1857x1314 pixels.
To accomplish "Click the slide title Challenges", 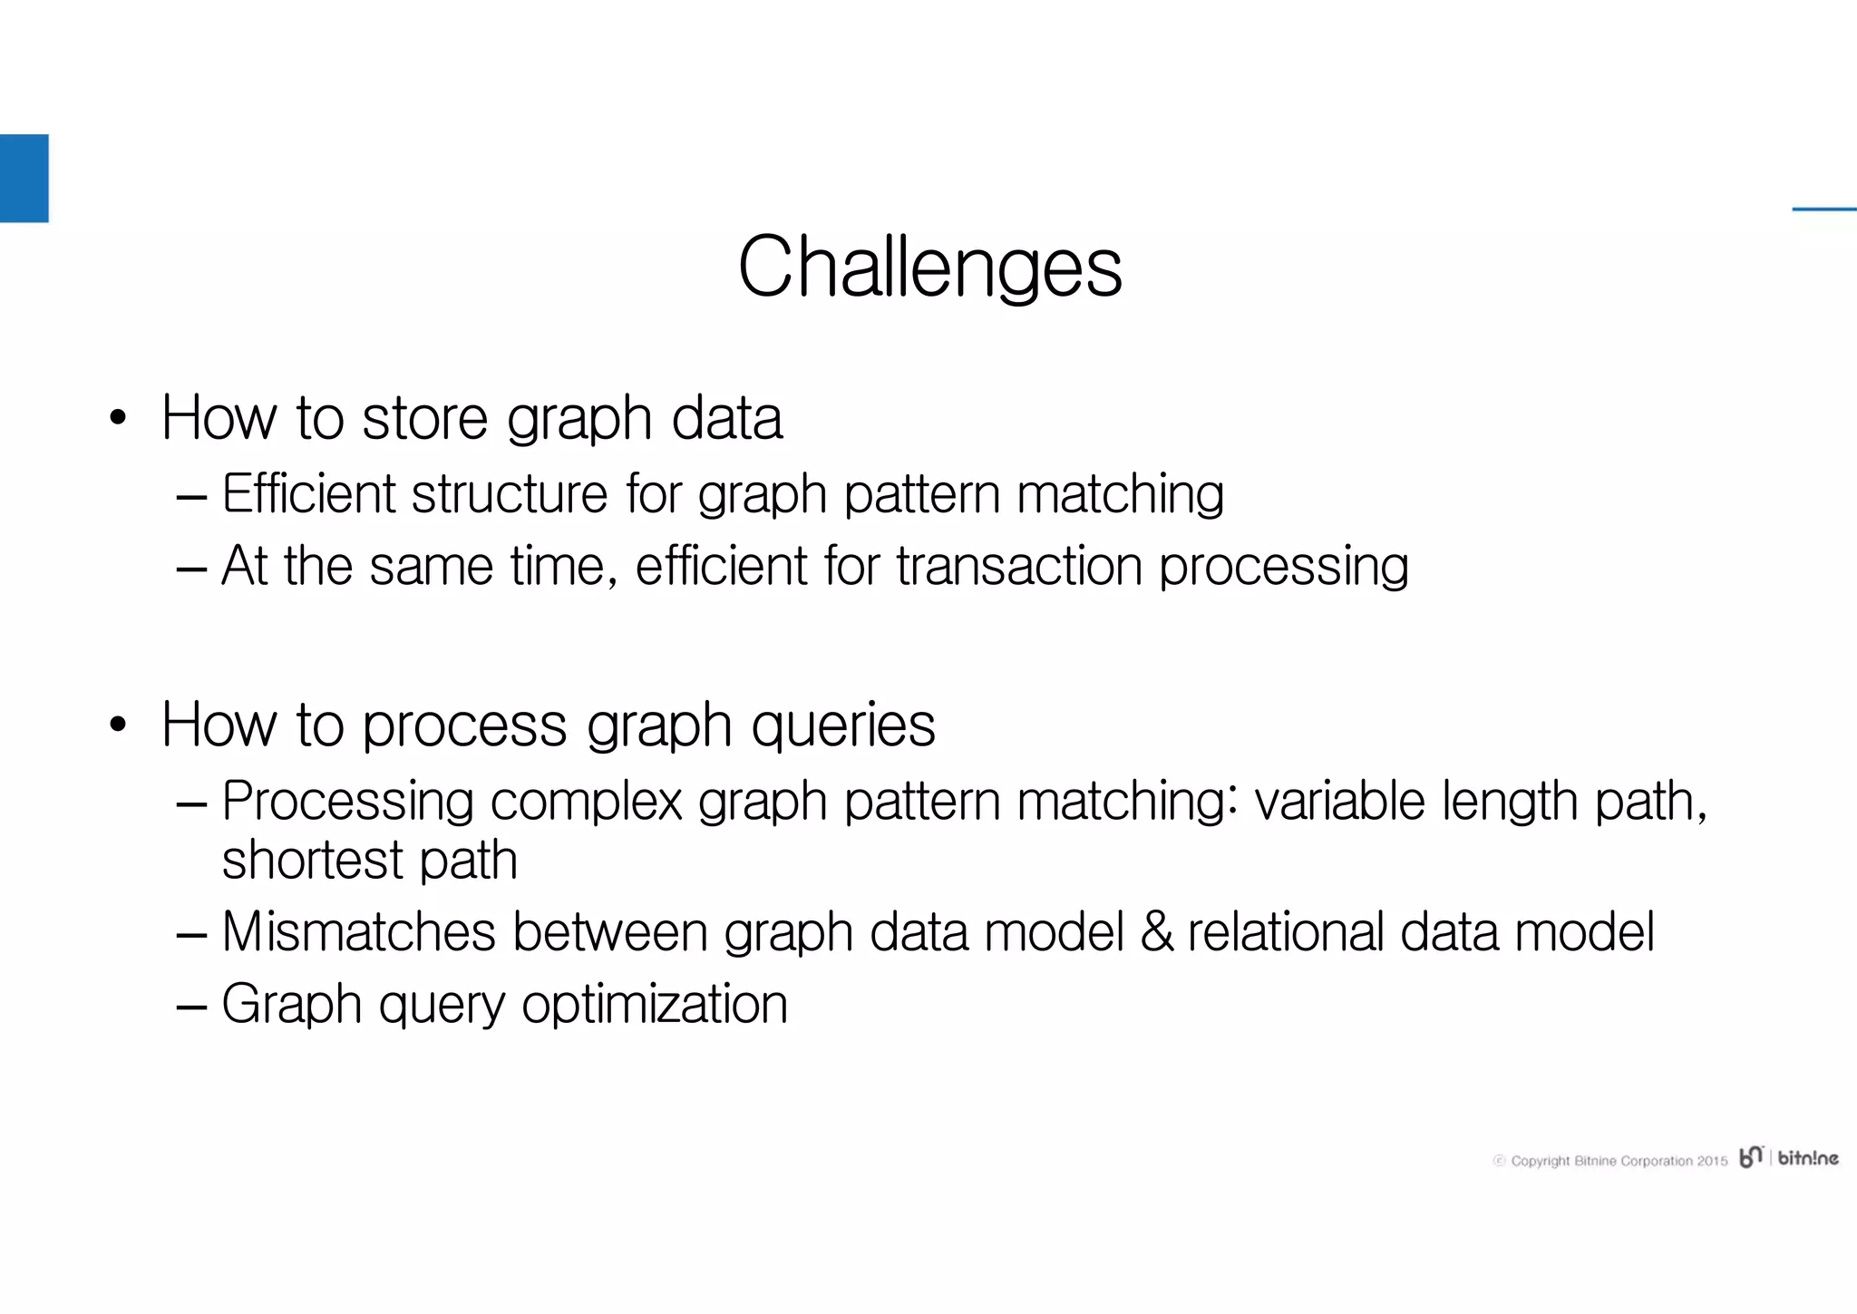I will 929,267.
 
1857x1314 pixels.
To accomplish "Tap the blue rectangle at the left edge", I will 24,178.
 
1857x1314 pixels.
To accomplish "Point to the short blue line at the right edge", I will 1823,209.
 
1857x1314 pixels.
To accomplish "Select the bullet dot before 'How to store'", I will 117,419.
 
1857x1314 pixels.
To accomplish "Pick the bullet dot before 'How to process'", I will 117,725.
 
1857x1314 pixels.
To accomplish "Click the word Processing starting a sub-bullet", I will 347,802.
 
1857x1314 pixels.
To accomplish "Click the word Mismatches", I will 358,932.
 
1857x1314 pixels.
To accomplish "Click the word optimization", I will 655,1005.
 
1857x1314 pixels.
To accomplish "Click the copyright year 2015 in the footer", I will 1712,1161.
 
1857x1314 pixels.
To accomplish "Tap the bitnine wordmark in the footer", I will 1807,1158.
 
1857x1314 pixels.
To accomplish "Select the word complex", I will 586,802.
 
